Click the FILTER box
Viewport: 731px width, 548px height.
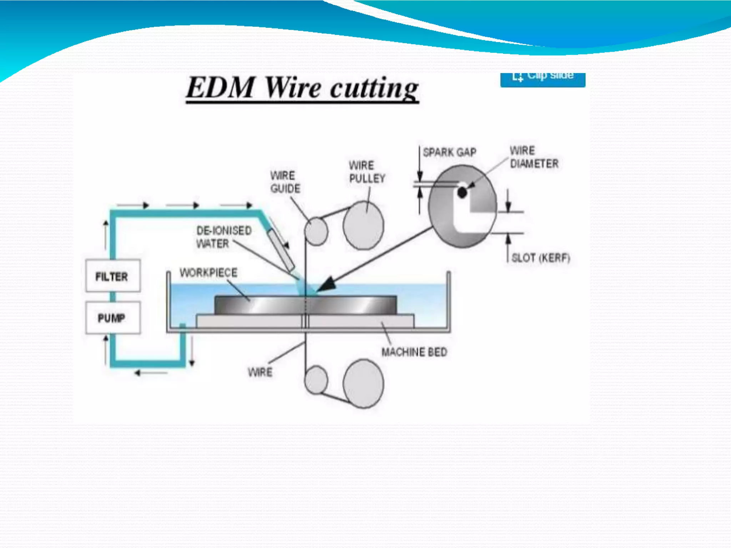click(x=113, y=276)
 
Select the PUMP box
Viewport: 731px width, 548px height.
click(x=113, y=318)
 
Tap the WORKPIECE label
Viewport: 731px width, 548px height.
click(x=208, y=273)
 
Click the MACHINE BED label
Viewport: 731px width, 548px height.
click(x=414, y=352)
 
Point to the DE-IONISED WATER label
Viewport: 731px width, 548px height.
click(x=224, y=237)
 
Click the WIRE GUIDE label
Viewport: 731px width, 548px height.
click(x=285, y=182)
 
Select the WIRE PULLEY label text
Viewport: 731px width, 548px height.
click(x=367, y=172)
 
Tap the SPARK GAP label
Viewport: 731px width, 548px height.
click(x=449, y=153)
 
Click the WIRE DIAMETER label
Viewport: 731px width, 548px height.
click(x=533, y=157)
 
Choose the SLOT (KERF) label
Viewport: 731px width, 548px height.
click(x=540, y=258)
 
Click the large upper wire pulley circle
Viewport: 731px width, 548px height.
click(x=363, y=225)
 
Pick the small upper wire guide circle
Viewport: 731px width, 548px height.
click(x=316, y=231)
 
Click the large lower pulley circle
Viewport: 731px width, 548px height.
click(x=363, y=384)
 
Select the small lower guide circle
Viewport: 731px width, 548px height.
click(x=316, y=380)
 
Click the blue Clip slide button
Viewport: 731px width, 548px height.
click(x=543, y=78)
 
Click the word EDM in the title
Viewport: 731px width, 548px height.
click(x=220, y=88)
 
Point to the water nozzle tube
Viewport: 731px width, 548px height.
click(x=281, y=250)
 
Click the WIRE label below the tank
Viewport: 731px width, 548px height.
click(x=260, y=372)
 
